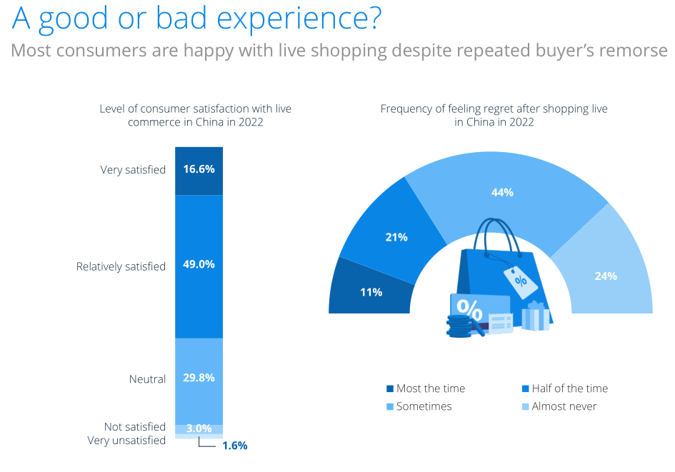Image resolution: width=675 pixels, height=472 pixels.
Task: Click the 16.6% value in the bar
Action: (199, 170)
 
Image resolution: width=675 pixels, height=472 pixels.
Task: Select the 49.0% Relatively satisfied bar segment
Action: (199, 264)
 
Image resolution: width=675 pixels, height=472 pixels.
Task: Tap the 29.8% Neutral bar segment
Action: (199, 378)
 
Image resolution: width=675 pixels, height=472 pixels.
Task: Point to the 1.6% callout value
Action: (234, 446)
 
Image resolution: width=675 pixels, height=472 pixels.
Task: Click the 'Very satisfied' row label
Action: (133, 170)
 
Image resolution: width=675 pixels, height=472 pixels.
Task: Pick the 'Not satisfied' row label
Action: (135, 426)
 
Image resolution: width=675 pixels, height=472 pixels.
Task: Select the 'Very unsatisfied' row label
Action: (126, 441)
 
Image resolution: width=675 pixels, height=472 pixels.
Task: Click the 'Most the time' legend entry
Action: (426, 388)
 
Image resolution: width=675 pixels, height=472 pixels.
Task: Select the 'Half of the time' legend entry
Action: (565, 388)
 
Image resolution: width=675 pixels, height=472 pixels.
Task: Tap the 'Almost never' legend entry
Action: (559, 406)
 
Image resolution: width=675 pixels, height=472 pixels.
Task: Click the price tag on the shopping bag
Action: (519, 279)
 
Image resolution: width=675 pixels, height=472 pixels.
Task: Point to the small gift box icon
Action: (535, 315)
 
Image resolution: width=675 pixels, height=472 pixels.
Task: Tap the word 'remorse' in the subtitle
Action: (641, 51)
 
